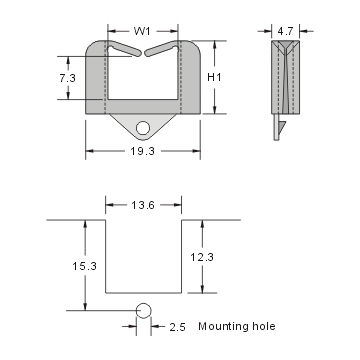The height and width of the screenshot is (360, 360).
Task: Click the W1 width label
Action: point(143,31)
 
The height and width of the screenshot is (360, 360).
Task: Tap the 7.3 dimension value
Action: point(66,77)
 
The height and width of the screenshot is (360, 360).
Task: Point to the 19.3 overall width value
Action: point(143,152)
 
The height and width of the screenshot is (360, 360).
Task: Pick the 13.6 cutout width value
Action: point(143,207)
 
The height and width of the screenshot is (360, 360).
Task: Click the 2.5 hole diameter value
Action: point(177,327)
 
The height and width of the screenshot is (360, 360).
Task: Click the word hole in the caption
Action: point(263,326)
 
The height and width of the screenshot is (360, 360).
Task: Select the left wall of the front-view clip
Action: point(96,80)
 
